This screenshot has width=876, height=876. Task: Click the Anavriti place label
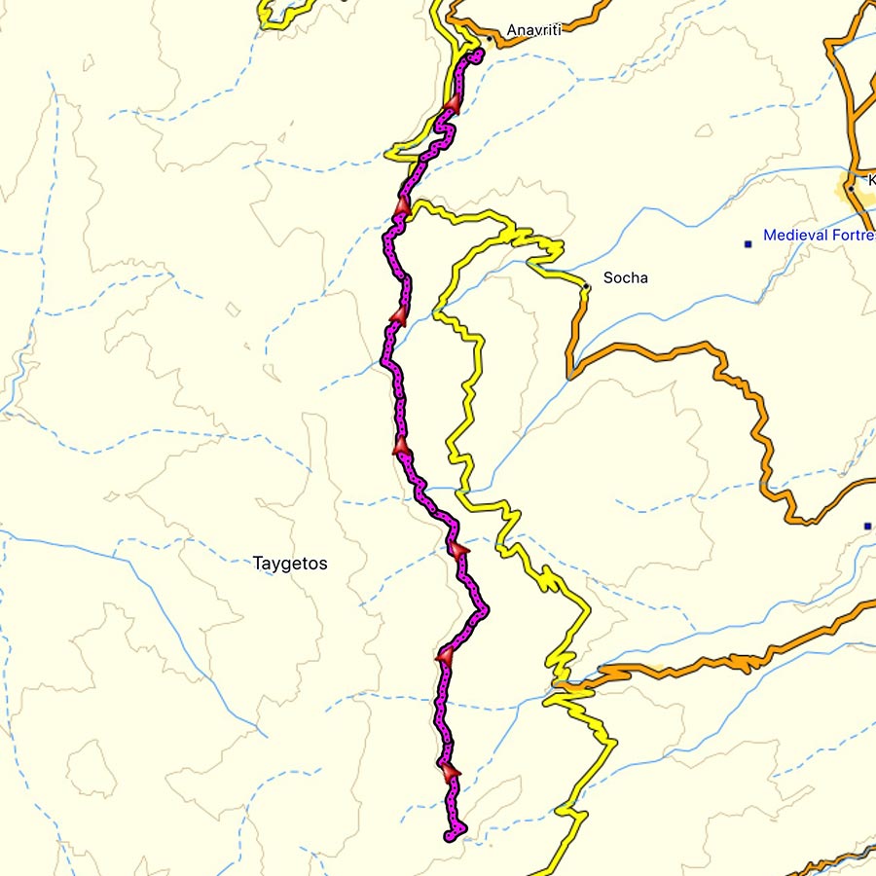coord(534,30)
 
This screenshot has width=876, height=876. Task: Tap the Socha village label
coord(625,278)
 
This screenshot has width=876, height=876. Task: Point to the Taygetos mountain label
coord(290,564)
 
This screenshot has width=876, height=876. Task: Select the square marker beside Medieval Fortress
coord(748,243)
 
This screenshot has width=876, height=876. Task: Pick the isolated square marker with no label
coord(867,527)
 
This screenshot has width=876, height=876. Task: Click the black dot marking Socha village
coord(585,286)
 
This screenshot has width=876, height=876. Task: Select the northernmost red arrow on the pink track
coord(453,103)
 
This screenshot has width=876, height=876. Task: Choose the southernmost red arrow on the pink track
coord(450,772)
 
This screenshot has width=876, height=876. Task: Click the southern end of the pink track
coord(449,836)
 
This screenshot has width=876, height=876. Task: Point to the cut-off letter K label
coord(871,179)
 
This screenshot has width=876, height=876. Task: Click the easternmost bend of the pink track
coord(485,609)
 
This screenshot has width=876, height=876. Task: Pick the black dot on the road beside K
coord(850,188)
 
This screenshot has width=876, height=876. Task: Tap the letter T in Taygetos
coord(258,564)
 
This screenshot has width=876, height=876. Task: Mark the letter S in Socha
coord(608,278)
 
